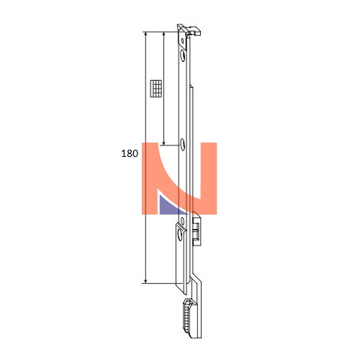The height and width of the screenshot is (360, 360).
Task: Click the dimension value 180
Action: [x=130, y=153]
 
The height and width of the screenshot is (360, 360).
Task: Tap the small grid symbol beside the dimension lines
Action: [x=156, y=89]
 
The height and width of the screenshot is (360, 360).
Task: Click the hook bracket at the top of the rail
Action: [x=189, y=31]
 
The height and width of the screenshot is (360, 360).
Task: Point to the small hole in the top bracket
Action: [x=182, y=41]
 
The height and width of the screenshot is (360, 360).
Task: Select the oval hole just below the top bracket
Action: [x=183, y=56]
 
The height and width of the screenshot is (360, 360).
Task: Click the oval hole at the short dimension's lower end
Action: [x=183, y=145]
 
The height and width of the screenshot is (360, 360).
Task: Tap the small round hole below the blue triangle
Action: [x=182, y=220]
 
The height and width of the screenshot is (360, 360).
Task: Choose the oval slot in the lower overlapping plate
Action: [x=180, y=235]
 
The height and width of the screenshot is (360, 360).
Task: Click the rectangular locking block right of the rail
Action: [x=197, y=229]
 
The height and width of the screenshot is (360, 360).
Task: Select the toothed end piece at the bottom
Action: [x=189, y=318]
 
